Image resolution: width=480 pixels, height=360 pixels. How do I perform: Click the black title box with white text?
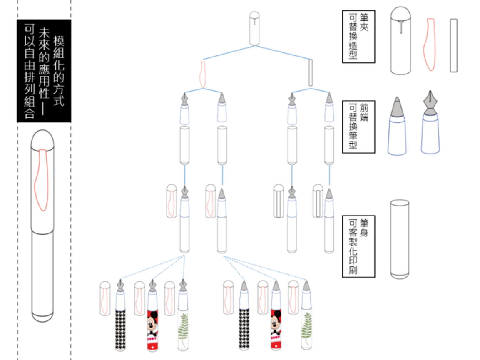(44, 71)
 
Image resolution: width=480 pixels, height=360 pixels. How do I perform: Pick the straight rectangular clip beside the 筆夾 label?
(454, 45)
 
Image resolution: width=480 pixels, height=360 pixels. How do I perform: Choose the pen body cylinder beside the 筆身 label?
(400, 239)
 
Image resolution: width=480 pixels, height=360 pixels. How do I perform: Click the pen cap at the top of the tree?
(254, 28)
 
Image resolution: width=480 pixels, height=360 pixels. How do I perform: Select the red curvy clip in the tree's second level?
(203, 75)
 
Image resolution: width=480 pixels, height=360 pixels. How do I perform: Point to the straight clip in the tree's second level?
(311, 73)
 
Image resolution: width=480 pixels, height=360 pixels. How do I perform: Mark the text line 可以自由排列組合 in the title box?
(29, 71)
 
